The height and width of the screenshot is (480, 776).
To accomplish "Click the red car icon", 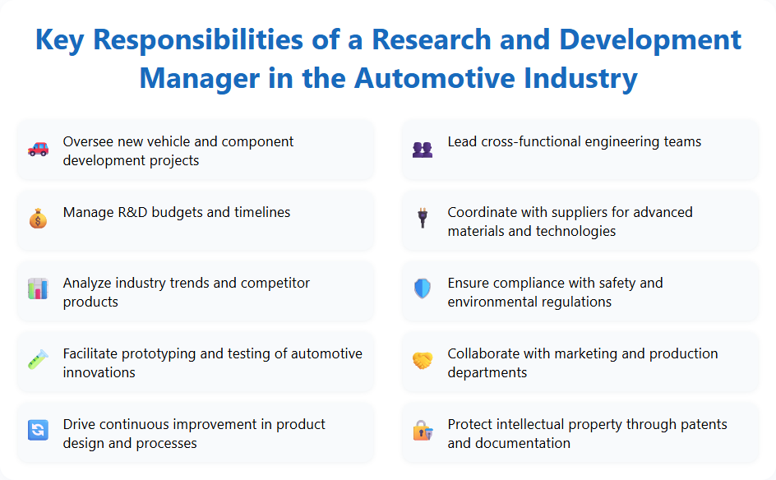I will tap(38, 149).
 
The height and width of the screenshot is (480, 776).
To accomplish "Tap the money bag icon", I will tap(38, 219).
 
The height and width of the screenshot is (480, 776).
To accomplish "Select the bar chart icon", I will tap(38, 289).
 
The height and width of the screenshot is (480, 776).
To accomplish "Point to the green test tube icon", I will tap(38, 360).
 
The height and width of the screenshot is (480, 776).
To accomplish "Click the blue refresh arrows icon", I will tap(38, 430).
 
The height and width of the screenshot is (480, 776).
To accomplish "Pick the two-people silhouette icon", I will tap(422, 150).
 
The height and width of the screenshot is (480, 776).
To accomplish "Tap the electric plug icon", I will tap(422, 219).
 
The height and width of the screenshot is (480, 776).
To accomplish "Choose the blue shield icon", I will tap(422, 289).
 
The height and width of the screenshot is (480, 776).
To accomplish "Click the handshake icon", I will tap(422, 360).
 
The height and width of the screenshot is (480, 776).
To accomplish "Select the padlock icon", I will tap(422, 430).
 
